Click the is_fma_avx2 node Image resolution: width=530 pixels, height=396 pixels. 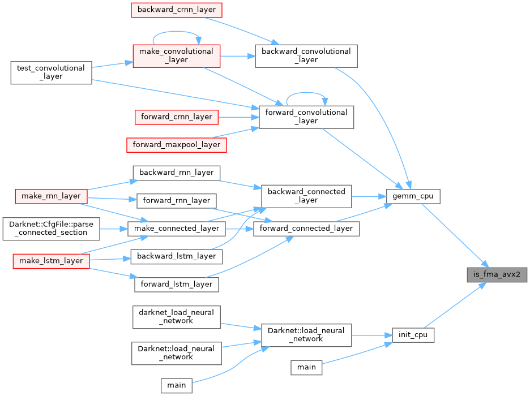[497, 275]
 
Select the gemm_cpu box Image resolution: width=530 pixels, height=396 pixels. [412, 197]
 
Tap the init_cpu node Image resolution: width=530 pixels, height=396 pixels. [413, 335]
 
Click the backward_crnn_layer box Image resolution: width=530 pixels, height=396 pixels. [176, 10]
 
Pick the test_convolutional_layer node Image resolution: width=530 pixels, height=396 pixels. [51, 72]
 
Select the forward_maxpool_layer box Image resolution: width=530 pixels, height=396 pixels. [177, 145]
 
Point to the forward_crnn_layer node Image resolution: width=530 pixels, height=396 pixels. [176, 117]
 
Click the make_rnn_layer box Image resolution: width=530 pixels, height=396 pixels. [51, 196]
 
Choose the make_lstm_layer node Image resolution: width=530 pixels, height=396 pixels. [51, 260]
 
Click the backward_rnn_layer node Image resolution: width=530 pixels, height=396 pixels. [176, 172]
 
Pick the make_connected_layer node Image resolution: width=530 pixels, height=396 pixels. [176, 229]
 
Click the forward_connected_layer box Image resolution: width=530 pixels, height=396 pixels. [306, 229]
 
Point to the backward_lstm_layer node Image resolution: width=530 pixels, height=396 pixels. [176, 256]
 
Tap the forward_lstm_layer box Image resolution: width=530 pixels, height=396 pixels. [176, 284]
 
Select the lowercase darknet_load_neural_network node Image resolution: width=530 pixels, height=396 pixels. [176, 316]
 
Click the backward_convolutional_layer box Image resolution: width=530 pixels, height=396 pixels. [306, 55]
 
